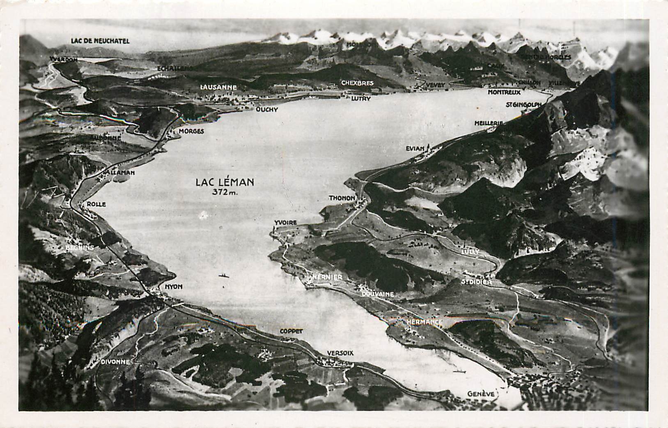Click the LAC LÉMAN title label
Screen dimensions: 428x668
(225, 182)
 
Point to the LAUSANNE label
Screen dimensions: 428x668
(218, 87)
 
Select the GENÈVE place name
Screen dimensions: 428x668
(481, 394)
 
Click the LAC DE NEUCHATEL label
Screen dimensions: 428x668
(100, 41)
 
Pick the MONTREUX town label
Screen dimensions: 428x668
(504, 92)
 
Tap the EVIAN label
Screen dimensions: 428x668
(415, 148)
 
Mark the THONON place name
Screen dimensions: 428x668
(342, 198)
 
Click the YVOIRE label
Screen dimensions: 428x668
(285, 222)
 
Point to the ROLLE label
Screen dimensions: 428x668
(96, 204)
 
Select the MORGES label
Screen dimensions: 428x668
(191, 131)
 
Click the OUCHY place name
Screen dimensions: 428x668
(267, 109)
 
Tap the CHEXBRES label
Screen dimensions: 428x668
(357, 83)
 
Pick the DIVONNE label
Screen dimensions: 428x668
(115, 362)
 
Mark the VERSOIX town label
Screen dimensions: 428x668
(340, 353)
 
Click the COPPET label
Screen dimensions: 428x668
(291, 331)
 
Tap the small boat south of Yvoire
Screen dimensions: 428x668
(224, 275)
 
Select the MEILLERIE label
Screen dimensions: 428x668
(488, 123)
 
